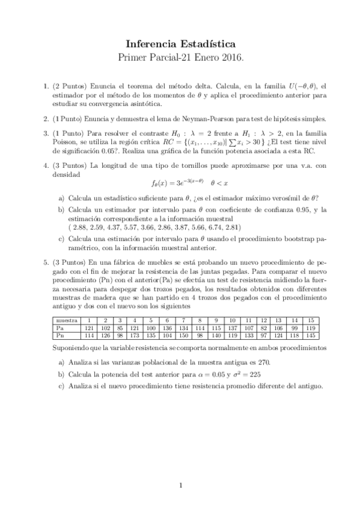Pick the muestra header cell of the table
(66, 321)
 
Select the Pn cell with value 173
(135, 336)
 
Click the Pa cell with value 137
(232, 329)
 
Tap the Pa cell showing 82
(263, 329)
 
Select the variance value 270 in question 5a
(249, 361)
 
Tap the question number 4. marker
(46, 164)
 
